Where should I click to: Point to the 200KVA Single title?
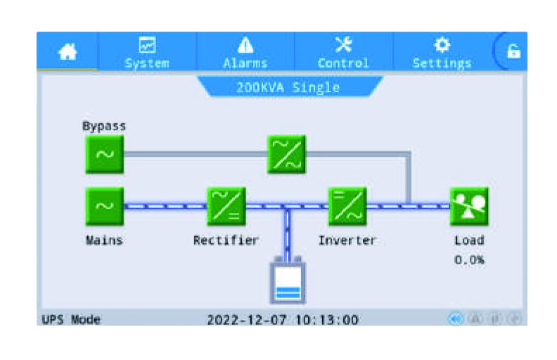point(288,88)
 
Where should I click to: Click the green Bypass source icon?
point(104,155)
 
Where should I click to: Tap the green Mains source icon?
point(104,207)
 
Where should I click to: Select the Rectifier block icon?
point(226,207)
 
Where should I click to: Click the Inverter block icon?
point(347,207)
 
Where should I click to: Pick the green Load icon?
point(468,207)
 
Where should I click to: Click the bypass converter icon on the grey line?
point(287,155)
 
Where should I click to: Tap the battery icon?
point(288,281)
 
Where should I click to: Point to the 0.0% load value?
point(468,260)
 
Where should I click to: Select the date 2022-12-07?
point(247,320)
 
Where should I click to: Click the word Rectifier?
point(226,240)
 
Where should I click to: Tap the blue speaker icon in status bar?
point(456,319)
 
